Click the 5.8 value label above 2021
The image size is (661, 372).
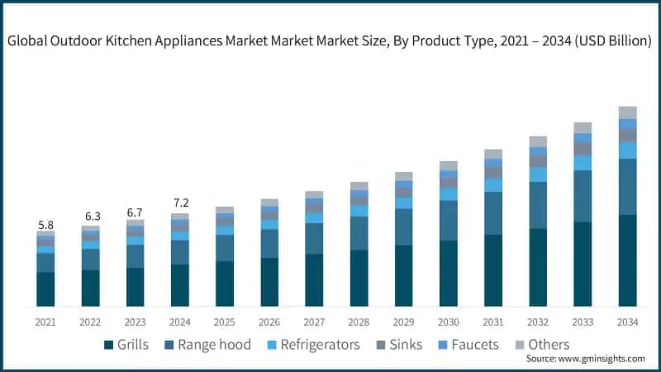45,224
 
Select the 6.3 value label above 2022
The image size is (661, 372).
90,217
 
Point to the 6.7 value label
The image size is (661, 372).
135,212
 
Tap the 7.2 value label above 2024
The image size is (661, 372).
180,203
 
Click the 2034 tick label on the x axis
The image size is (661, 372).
627,322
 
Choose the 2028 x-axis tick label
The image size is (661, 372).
359,322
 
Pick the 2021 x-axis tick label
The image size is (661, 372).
45,322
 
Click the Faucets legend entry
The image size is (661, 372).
468,344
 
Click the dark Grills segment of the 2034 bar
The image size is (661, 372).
627,260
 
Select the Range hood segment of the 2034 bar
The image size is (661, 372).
627,187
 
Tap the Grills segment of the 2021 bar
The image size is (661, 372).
45,289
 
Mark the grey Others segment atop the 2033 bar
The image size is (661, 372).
583,128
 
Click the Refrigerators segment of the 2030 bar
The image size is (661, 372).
449,194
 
